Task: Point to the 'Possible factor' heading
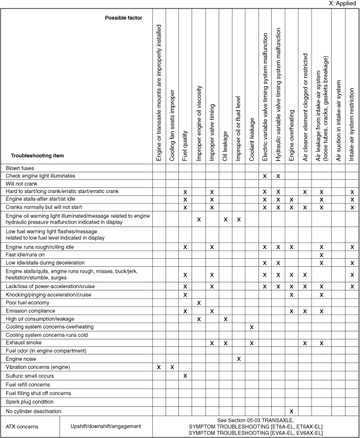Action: (x=123, y=18)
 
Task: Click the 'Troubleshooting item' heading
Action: (x=37, y=156)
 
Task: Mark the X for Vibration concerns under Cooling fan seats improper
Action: (x=172, y=367)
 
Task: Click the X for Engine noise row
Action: (x=238, y=358)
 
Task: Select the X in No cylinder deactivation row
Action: (x=291, y=411)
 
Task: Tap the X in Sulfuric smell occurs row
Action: (x=185, y=375)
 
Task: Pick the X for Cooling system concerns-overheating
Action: (x=252, y=327)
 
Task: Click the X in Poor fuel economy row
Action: (x=198, y=303)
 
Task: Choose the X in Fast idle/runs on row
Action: (x=321, y=255)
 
